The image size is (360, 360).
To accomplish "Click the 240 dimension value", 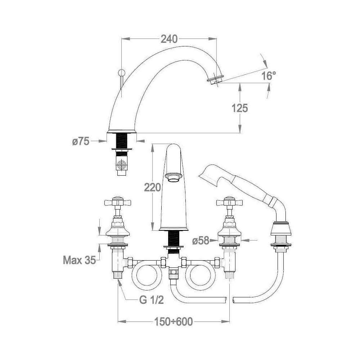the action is pyautogui.click(x=169, y=39).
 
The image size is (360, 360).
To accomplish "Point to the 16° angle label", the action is pyautogui.click(x=269, y=76).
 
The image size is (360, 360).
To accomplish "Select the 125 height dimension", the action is pyautogui.click(x=240, y=108).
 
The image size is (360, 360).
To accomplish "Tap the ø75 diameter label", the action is pyautogui.click(x=81, y=141).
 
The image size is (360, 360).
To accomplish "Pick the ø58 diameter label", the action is pyautogui.click(x=201, y=240).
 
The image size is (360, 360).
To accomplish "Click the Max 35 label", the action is pyautogui.click(x=79, y=260).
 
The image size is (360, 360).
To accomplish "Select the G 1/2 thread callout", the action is pyautogui.click(x=152, y=300).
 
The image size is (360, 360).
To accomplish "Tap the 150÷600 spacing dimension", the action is pyautogui.click(x=174, y=321).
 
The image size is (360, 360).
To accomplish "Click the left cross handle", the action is pyautogui.click(x=118, y=202).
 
